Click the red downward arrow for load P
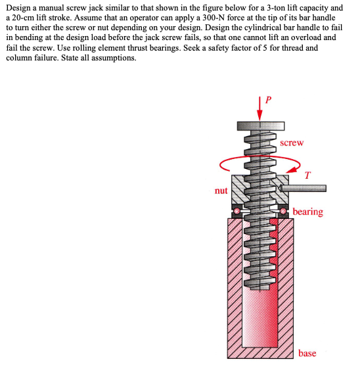(259, 108)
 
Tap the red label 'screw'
(291, 143)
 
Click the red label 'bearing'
(307, 212)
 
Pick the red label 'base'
(307, 353)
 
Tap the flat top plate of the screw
(259, 124)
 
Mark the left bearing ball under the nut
(236, 210)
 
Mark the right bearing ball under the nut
(284, 210)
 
